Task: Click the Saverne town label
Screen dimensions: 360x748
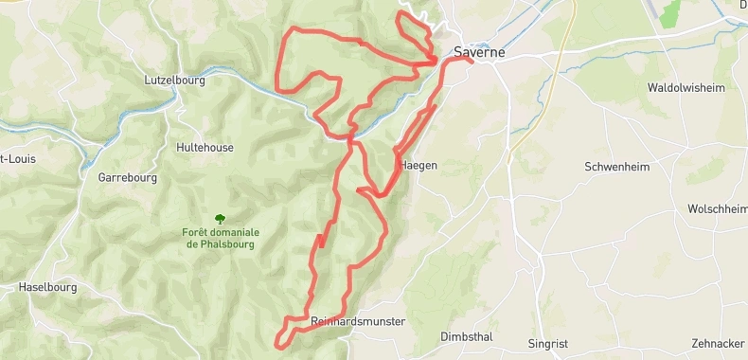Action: tap(479, 53)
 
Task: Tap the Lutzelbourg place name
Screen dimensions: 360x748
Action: tap(175, 81)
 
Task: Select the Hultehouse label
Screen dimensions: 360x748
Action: tap(204, 148)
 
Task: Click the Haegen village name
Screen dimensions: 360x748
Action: tap(419, 165)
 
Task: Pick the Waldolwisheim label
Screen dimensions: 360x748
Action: tap(686, 88)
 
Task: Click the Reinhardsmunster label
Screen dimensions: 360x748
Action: tap(358, 322)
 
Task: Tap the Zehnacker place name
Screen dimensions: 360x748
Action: tap(719, 343)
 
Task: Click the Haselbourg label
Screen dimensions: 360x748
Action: tap(45, 286)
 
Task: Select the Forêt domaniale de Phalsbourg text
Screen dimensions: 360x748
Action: tap(222, 238)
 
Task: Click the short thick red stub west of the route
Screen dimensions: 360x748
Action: tap(321, 241)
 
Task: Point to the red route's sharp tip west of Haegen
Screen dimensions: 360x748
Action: tap(359, 190)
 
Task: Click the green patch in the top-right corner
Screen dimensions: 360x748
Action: tap(670, 13)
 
